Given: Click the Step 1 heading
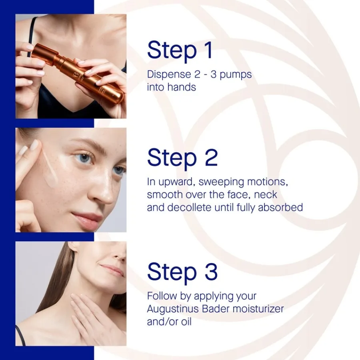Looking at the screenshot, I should point(180,50).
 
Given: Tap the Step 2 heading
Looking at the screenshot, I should point(182,158).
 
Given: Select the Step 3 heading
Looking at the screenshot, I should point(182,272).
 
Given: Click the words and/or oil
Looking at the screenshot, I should point(169,322).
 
